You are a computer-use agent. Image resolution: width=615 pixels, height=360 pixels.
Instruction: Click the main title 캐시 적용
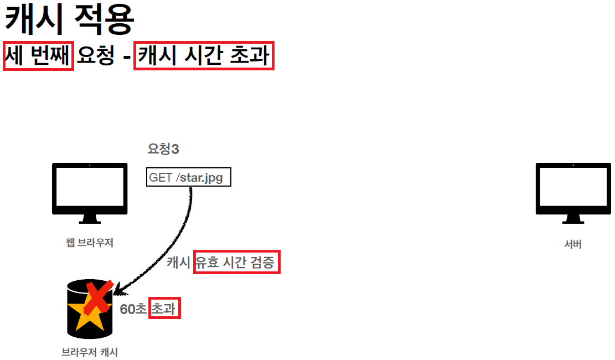(x=69, y=20)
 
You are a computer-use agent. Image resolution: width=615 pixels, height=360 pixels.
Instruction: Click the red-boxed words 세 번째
(x=38, y=56)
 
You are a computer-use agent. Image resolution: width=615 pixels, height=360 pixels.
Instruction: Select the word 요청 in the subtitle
(x=96, y=56)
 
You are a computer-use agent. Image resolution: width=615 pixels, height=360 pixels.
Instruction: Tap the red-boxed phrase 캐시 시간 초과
(x=204, y=56)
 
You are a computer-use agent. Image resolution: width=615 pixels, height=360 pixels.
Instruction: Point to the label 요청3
(x=163, y=148)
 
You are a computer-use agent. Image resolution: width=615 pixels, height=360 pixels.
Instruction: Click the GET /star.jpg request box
(x=188, y=178)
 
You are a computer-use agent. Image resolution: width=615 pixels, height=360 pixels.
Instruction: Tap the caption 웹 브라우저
(x=89, y=242)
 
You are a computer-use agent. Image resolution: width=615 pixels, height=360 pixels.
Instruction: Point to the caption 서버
(x=573, y=244)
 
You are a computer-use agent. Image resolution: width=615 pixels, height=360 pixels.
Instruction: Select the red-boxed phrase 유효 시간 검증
(x=236, y=263)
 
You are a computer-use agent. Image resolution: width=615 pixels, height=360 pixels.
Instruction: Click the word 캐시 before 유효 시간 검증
(x=179, y=263)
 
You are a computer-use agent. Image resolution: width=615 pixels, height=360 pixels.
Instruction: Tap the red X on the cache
(x=98, y=296)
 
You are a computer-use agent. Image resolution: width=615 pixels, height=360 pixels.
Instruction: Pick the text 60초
(x=133, y=309)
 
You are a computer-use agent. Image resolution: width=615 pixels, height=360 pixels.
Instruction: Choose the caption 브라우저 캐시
(x=90, y=352)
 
